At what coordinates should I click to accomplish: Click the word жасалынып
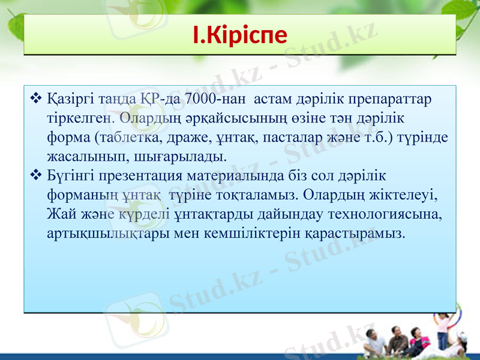(80, 157)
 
